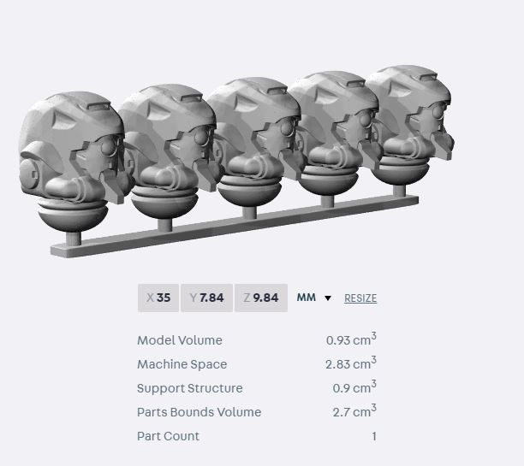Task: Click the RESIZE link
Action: tap(360, 298)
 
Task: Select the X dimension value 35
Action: tap(158, 298)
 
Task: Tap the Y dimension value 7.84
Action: tap(206, 298)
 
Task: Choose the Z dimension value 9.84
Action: tap(260, 298)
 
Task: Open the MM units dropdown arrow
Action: tap(328, 298)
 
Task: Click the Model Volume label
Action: tap(179, 340)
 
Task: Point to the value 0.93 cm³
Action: tap(350, 339)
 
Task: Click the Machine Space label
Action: tap(182, 364)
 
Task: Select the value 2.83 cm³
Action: tap(350, 363)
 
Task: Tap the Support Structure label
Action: tap(189, 388)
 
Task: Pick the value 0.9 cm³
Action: tap(354, 387)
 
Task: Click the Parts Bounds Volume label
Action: tap(199, 412)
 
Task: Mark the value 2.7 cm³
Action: tap(354, 411)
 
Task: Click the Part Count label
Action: tap(168, 436)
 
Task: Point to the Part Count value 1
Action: tap(373, 436)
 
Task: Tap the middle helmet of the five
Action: tap(253, 137)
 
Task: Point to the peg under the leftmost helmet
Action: tap(76, 237)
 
